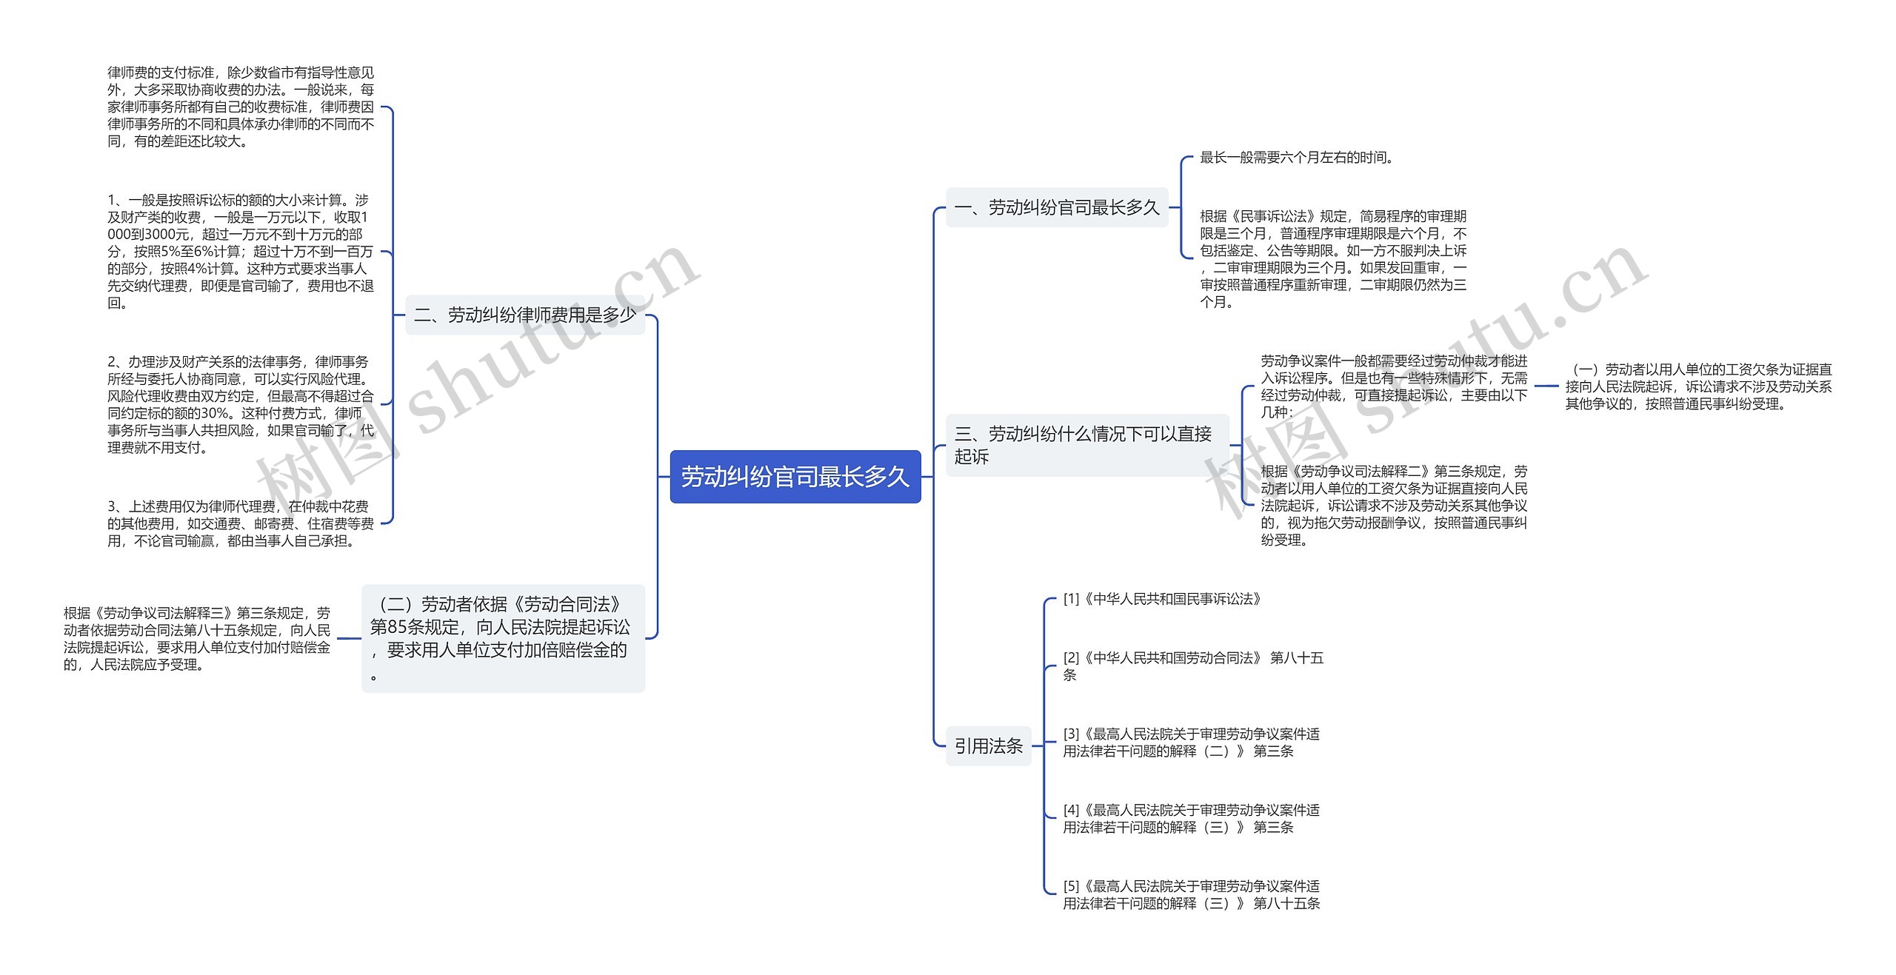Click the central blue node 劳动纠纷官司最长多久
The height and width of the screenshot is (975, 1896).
[795, 477]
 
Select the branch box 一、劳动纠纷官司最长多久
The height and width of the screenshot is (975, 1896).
[1056, 208]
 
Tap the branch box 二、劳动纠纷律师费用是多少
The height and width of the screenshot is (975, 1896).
[524, 315]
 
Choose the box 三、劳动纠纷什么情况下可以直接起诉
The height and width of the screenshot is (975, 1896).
[1086, 445]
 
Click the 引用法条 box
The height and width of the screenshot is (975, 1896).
[988, 746]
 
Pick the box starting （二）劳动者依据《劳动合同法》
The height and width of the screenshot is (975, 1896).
[503, 638]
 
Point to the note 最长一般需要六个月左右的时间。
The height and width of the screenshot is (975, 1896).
[1296, 158]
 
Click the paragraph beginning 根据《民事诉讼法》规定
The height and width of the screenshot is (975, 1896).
[1333, 259]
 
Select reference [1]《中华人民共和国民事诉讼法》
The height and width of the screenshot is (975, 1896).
[1162, 599]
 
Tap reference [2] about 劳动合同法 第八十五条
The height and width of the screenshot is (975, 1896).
[1192, 666]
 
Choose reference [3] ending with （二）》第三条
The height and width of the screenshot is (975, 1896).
[1191, 743]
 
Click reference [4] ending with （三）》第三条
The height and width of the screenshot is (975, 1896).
[1191, 819]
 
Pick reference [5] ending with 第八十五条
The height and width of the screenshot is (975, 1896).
[1191, 894]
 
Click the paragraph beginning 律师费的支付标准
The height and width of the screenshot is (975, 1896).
[241, 107]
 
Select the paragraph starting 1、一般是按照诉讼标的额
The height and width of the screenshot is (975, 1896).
[241, 252]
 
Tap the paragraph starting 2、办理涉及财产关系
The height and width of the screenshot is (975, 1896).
[241, 404]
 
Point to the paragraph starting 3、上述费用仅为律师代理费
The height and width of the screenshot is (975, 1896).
[241, 523]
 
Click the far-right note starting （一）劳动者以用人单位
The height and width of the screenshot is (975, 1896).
[1698, 386]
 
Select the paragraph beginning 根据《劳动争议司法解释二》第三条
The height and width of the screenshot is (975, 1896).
[1394, 506]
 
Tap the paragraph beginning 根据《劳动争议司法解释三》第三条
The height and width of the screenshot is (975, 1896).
[197, 639]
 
